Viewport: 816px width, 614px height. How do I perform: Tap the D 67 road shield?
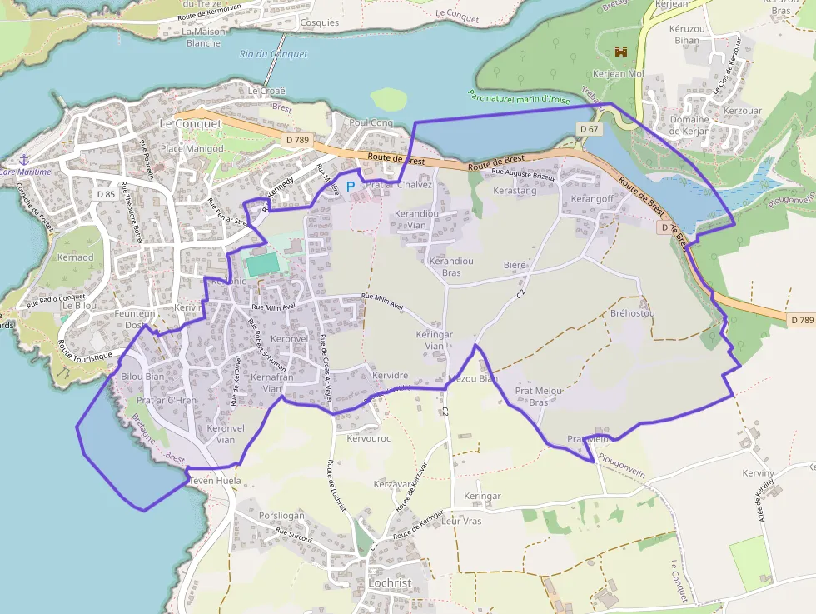point(589,129)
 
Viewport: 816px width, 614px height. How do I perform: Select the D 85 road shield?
point(105,194)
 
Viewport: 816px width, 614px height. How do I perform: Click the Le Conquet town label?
point(191,123)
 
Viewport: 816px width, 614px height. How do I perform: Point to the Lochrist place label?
point(390,583)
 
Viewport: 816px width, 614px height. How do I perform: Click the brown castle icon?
point(620,52)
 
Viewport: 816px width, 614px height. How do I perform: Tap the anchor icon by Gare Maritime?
point(24,159)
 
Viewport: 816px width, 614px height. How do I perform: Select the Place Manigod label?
point(192,148)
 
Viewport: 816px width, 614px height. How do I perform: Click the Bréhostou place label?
point(632,313)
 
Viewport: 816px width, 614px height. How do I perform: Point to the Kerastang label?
point(515,191)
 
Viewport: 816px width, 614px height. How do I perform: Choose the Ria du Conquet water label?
point(273,54)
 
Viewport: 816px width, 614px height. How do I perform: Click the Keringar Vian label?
point(434,340)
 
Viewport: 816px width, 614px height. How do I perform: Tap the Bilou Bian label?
point(142,377)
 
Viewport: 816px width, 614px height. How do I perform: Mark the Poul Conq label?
point(371,122)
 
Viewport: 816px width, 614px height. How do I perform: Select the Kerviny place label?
point(758,473)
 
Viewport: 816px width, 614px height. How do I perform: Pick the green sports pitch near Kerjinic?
point(262,264)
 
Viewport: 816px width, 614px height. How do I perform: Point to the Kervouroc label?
point(368,438)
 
